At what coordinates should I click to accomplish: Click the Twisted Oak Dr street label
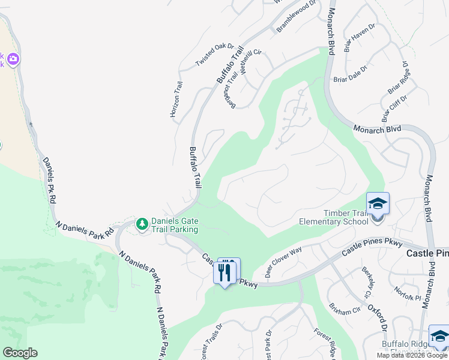click(214, 55)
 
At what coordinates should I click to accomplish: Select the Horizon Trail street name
click(176, 99)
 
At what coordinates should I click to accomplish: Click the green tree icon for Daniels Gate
click(142, 224)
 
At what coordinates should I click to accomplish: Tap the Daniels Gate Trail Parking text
click(174, 225)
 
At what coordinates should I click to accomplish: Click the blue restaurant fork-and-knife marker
click(225, 272)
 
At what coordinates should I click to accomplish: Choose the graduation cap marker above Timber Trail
click(378, 205)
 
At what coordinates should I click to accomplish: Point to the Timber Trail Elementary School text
click(337, 217)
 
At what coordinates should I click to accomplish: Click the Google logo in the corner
click(20, 353)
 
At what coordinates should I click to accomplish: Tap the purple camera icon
click(13, 60)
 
